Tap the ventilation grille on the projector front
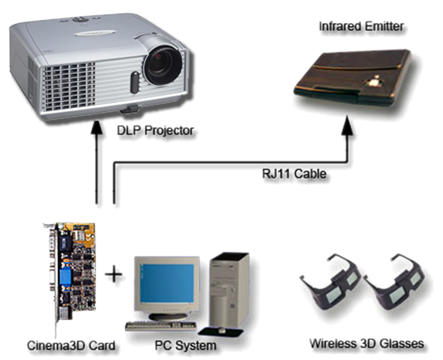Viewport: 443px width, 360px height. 69,87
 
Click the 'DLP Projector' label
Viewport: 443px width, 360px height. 155,131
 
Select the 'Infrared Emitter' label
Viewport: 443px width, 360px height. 361,26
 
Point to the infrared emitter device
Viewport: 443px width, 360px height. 352,77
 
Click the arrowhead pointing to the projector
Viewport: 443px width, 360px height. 96,127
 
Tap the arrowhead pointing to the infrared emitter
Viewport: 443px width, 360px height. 347,126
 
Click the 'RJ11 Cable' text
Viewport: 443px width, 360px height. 294,173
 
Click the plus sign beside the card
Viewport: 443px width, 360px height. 113,274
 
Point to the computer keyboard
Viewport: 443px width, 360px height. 161,326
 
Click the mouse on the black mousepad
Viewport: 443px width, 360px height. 221,330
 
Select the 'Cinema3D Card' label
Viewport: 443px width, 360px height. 71,345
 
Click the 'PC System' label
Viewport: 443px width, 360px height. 186,345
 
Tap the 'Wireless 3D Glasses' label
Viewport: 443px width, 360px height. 367,344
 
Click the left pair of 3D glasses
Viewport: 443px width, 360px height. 330,284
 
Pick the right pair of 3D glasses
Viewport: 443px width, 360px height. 394,284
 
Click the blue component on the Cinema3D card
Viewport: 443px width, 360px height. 65,277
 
